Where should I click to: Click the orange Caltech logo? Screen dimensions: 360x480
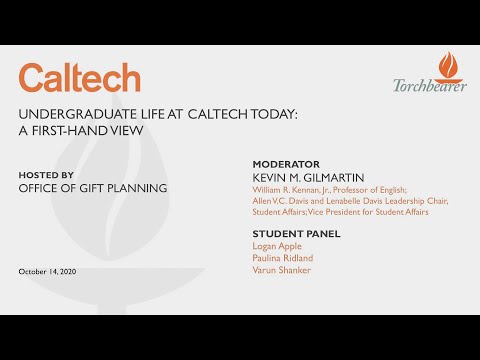79,78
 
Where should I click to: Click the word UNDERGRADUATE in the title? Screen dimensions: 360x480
66,113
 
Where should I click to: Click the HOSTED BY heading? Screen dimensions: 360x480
46,174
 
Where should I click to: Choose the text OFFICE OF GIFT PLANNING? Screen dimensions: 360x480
92,188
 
